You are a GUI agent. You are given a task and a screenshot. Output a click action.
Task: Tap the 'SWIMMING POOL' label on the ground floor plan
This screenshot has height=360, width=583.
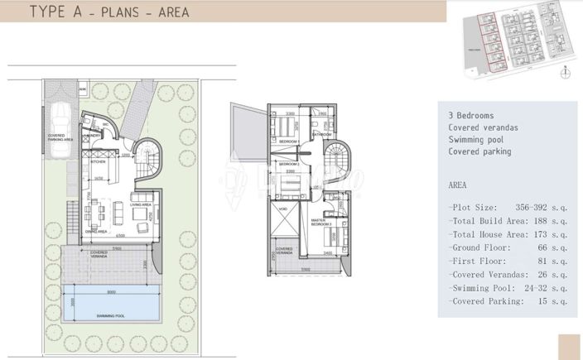pos(110,316)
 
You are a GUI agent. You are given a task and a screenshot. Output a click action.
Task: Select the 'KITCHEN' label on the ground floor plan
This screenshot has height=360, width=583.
pos(99,162)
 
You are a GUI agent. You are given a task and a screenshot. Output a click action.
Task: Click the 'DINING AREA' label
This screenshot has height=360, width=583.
pos(99,232)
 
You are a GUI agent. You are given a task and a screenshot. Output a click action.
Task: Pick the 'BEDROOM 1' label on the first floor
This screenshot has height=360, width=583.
pos(288,142)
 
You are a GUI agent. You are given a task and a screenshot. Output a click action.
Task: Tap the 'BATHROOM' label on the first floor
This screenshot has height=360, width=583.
pos(322,134)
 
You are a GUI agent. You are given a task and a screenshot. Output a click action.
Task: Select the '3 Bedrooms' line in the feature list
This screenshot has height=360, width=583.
pos(470,116)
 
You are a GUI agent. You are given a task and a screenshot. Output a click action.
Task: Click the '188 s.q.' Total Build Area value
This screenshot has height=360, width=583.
pos(550,222)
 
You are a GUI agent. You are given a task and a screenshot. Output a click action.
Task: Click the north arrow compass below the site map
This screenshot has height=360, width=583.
pos(565,72)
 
